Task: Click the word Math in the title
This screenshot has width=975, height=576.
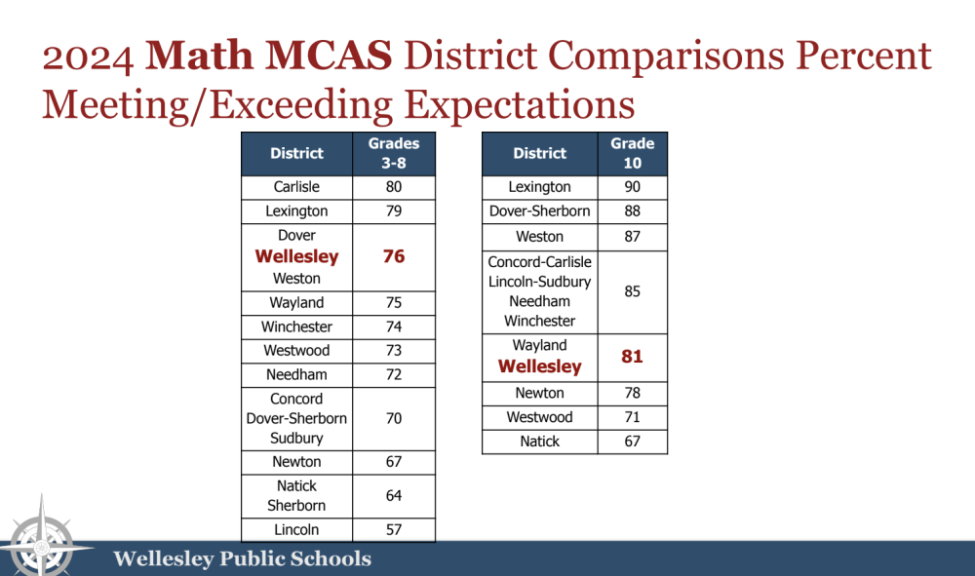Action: [199, 58]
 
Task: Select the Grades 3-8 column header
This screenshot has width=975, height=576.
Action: [394, 154]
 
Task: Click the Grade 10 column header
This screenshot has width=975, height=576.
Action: [632, 154]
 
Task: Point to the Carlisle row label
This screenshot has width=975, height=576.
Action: [297, 187]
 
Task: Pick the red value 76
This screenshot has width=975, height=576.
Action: [394, 257]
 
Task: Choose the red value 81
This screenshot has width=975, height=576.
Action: [632, 357]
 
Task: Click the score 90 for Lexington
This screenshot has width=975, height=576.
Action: [632, 187]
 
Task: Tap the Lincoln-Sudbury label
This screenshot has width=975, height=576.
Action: [539, 282]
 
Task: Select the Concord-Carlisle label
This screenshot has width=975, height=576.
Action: [539, 262]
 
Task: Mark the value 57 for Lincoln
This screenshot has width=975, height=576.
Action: [394, 530]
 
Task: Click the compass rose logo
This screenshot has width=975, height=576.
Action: [41, 538]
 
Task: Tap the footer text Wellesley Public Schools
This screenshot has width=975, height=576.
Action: [242, 559]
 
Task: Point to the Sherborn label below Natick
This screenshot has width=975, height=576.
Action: [297, 506]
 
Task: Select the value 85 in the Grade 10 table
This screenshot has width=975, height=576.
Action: [632, 291]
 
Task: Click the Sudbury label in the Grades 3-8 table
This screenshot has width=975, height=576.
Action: [297, 438]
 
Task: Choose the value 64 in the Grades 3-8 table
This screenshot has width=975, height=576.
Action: [394, 496]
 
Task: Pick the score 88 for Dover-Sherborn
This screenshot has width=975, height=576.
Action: [632, 211]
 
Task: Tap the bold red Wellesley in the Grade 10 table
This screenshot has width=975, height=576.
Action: [539, 367]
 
